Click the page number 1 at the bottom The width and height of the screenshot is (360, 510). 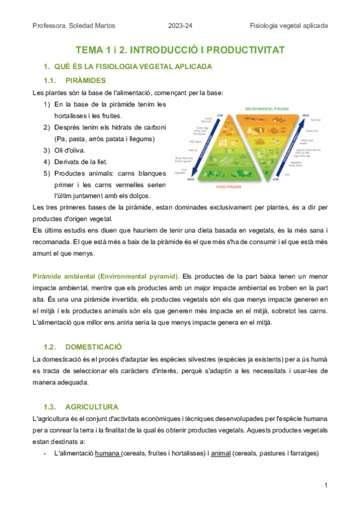tap(325, 485)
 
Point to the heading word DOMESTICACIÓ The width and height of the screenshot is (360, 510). tap(93, 347)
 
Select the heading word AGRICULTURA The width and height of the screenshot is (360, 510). tap(91, 407)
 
